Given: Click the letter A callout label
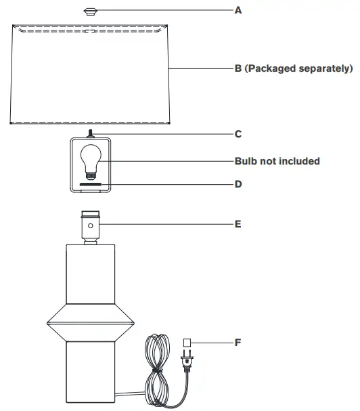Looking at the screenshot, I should [x=238, y=11].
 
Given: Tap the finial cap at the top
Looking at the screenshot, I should [x=90, y=12].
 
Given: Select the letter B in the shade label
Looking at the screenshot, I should [x=238, y=68].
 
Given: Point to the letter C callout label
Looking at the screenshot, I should [x=238, y=134].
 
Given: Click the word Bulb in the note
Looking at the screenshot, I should [x=246, y=161].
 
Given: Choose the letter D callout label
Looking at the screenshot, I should [x=238, y=183].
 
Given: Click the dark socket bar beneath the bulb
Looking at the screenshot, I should [x=90, y=183].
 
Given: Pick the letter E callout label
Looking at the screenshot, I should [x=238, y=223].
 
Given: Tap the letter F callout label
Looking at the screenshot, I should [x=238, y=343].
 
